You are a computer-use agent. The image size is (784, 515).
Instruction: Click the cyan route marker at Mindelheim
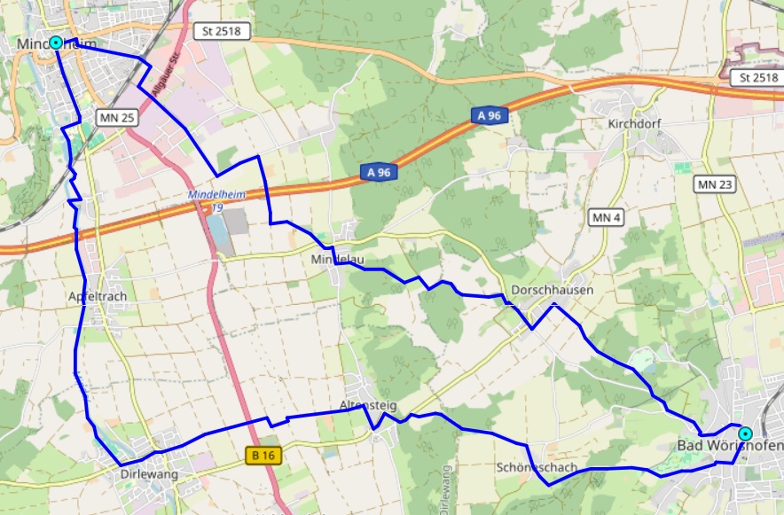pos(56,43)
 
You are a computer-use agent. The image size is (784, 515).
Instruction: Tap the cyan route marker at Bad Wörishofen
pos(745,433)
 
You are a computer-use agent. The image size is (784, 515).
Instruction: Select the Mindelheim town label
pos(55,43)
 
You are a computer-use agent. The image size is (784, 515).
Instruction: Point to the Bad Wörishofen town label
pos(729,445)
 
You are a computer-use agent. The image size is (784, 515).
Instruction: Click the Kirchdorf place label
pos(635,124)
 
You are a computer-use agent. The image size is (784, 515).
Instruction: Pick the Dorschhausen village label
pos(553,291)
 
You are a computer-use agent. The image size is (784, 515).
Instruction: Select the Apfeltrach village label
pos(98,296)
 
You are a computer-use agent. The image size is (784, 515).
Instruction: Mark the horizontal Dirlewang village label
pos(149,474)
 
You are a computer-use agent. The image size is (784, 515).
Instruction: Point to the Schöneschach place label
pos(537,467)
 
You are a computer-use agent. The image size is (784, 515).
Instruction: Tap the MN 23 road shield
pos(716,184)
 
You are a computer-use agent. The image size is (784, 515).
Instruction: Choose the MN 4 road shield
pos(606,217)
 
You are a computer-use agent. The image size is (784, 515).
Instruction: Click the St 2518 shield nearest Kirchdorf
pos(753,78)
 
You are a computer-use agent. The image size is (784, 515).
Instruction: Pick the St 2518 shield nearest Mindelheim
pos(222,32)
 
